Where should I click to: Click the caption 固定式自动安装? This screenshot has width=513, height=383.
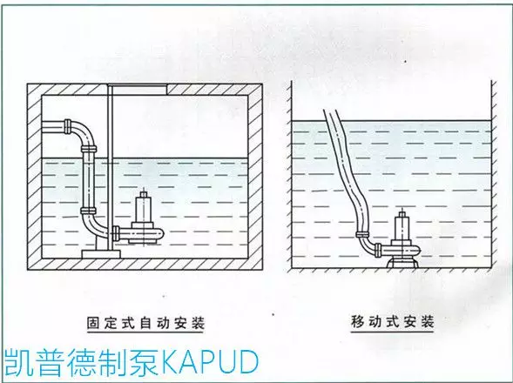(145, 322)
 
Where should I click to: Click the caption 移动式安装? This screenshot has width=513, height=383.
(392, 321)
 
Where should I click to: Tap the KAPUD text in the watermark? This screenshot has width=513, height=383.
(210, 362)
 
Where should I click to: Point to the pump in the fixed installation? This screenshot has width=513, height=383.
(143, 224)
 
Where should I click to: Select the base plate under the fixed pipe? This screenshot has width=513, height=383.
(101, 254)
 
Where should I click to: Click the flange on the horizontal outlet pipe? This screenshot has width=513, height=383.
(68, 126)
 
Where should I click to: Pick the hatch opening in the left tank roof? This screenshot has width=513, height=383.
(138, 89)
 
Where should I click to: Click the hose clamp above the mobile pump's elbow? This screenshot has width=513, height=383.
(361, 234)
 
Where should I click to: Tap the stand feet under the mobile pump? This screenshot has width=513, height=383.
(402, 263)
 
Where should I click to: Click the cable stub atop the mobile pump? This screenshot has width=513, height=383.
(402, 212)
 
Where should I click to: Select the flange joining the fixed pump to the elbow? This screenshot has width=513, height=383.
(115, 233)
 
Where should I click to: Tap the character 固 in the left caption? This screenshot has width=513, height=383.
(93, 322)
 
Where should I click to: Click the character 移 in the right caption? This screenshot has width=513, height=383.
(358, 321)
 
